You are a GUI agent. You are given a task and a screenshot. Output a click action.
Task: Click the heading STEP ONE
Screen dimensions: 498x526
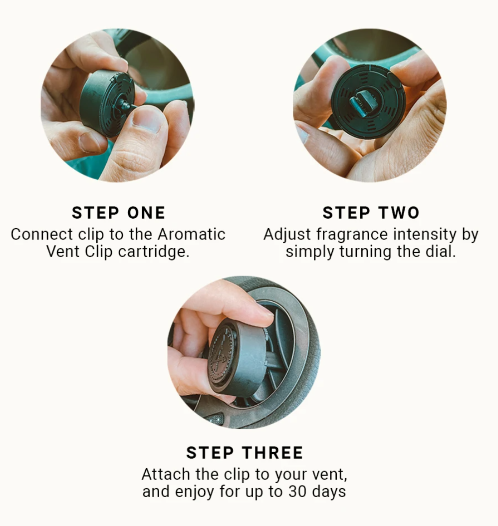[118, 213]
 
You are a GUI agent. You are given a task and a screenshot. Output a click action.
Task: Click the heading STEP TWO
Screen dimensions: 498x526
[371, 213]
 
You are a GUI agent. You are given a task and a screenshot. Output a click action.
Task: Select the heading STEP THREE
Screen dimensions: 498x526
[245, 453]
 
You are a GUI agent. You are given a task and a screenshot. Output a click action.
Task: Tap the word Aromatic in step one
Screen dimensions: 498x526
[192, 234]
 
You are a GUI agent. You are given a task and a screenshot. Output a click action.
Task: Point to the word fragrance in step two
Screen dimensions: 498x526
[351, 235]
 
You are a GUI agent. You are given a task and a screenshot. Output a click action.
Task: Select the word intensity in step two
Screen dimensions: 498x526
[425, 234]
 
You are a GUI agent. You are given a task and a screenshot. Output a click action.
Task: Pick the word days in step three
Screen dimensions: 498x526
[329, 492]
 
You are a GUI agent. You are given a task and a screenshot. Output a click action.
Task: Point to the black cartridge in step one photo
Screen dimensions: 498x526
[107, 103]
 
